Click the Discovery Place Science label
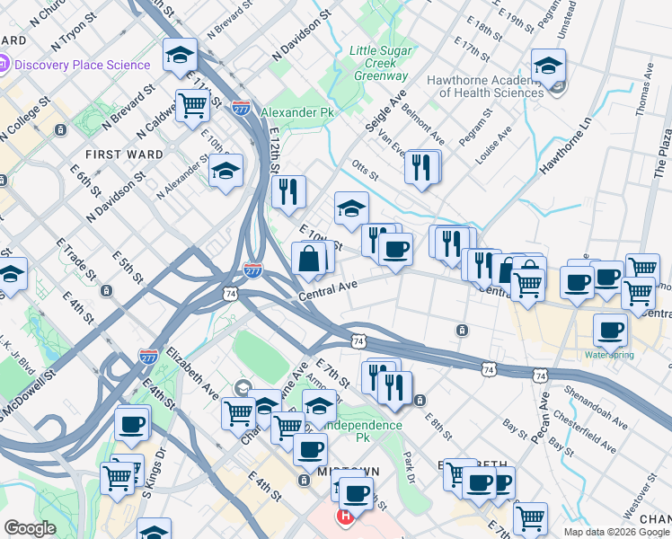click(82, 65)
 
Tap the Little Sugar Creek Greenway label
click(377, 63)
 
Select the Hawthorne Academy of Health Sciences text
click(485, 86)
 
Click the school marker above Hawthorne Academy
click(548, 66)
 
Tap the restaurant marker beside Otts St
click(421, 166)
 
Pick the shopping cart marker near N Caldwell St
click(192, 105)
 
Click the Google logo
click(30, 528)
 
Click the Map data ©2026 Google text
click(616, 532)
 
